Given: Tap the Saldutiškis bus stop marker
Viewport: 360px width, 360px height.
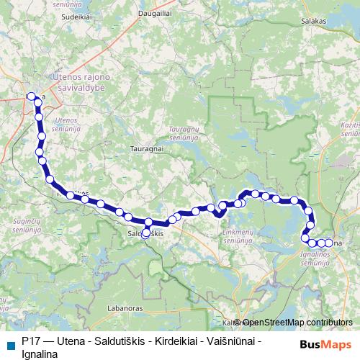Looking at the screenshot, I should pyautogui.click(x=146, y=233).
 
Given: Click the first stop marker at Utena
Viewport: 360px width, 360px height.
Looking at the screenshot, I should pyautogui.click(x=30, y=96).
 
